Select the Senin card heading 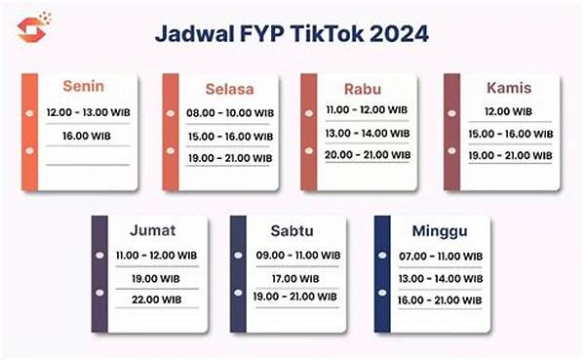85,86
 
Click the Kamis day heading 508,88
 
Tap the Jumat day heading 153,230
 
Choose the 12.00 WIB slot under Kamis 508,113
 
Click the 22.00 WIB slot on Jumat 154,298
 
